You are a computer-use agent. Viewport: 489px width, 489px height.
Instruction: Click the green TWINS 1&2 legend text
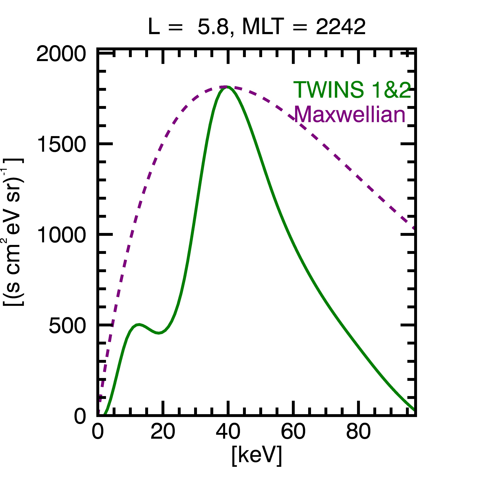coord(352,90)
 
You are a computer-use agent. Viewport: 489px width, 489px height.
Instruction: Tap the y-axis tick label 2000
coord(61,54)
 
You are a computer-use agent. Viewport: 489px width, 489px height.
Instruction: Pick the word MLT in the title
coord(262,27)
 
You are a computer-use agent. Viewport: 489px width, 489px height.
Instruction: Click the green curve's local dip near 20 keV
coord(159,333)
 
